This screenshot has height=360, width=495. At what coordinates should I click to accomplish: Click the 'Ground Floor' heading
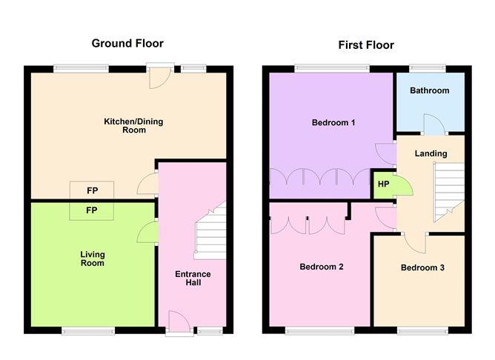[x=127, y=44]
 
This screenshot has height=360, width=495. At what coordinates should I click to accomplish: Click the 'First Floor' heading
[x=366, y=45]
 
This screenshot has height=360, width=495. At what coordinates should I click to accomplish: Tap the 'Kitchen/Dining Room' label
[x=124, y=125]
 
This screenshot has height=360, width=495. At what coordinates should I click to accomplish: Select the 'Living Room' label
[x=93, y=259]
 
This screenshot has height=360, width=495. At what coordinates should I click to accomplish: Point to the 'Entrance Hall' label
[x=193, y=279]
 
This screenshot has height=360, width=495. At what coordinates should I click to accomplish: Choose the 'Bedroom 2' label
[x=320, y=267]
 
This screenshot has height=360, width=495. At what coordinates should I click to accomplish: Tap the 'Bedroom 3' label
[x=422, y=267]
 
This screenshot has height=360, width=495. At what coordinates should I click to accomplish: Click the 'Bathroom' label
[x=430, y=91]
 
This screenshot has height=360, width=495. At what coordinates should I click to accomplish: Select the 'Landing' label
[x=431, y=153]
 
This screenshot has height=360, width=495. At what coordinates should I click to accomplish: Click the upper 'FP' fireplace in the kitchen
[x=93, y=190]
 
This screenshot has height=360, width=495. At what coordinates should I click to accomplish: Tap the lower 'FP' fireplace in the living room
[x=93, y=211]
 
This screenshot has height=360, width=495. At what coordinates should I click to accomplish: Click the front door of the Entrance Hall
[x=179, y=323]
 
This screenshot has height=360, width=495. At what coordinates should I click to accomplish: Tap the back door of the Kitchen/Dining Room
[x=160, y=77]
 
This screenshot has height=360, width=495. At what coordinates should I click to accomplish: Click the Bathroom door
[x=432, y=124]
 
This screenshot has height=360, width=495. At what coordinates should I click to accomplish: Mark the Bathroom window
[x=428, y=69]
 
